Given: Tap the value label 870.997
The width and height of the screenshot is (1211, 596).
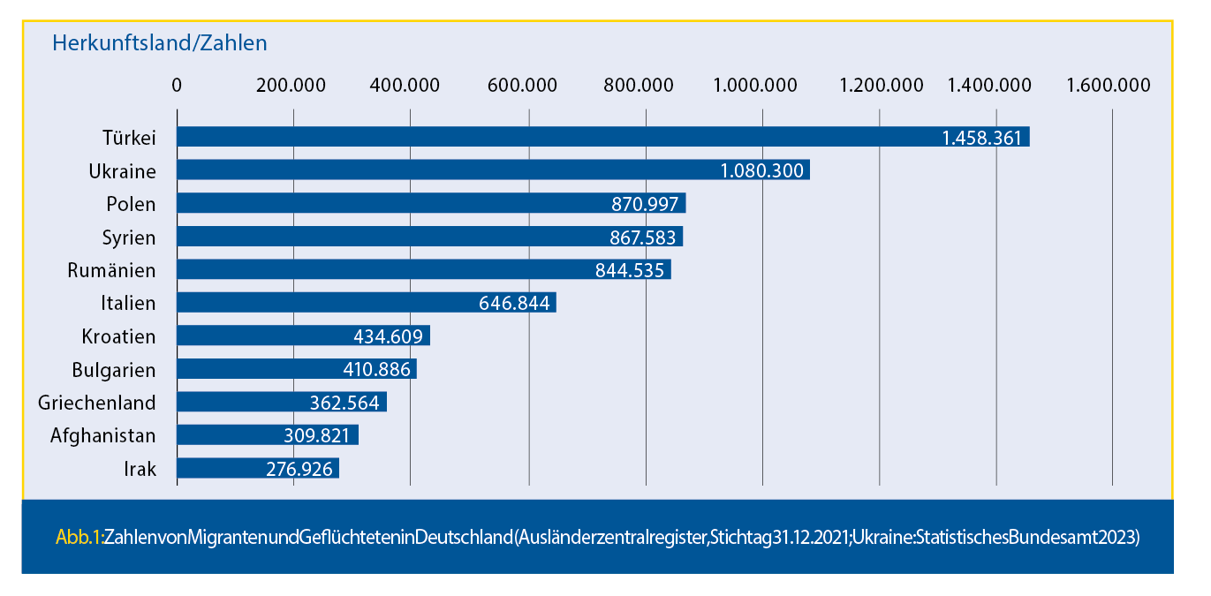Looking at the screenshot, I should click(645, 204).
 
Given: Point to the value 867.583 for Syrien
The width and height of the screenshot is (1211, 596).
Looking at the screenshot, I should click(642, 238).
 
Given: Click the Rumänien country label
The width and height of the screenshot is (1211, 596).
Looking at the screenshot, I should click(111, 270).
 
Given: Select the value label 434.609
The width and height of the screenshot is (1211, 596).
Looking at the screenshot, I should click(389, 336).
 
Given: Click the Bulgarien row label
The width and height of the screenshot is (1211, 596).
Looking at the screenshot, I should click(114, 370).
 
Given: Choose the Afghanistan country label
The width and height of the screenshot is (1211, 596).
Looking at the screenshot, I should click(103, 435).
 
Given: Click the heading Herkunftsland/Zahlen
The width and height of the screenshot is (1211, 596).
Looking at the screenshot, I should click(160, 42).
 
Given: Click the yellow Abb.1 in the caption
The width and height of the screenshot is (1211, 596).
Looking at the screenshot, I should click(79, 537).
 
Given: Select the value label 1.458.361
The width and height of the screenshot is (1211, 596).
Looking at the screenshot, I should click(981, 138).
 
